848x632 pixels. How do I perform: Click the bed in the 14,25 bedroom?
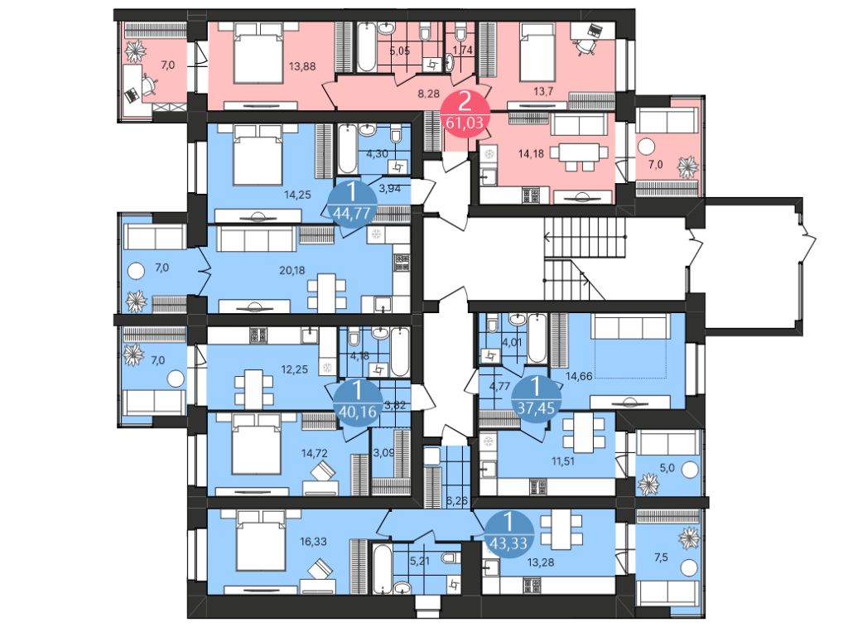[258, 157]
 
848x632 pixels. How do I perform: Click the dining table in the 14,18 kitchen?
[578, 153]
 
